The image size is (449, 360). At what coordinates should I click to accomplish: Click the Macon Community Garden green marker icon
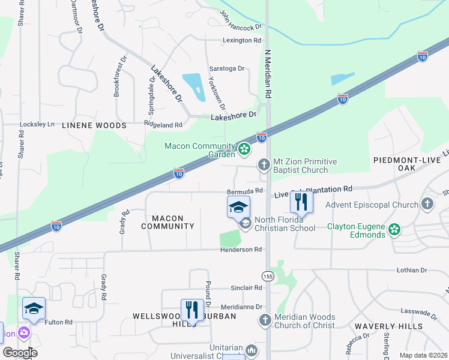pyautogui.click(x=244, y=149)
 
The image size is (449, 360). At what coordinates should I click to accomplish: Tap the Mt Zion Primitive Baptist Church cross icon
pyautogui.click(x=264, y=164)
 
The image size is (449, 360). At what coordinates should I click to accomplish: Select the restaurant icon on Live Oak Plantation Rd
pyautogui.click(x=301, y=202)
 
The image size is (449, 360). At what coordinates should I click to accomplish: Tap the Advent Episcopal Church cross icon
pyautogui.click(x=427, y=205)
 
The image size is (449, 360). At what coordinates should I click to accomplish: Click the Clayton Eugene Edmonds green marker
pyautogui.click(x=394, y=229)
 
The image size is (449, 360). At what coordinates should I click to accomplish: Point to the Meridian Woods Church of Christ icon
pyautogui.click(x=265, y=320)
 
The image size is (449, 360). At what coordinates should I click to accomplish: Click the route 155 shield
pyautogui.click(x=268, y=275)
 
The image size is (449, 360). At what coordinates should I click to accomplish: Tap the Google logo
pyautogui.click(x=19, y=353)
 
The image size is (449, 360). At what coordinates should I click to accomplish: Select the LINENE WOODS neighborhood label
pyautogui.click(x=94, y=125)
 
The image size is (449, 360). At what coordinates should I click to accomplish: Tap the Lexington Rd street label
pyautogui.click(x=242, y=40)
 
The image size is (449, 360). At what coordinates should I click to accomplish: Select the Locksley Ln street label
pyautogui.click(x=37, y=124)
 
